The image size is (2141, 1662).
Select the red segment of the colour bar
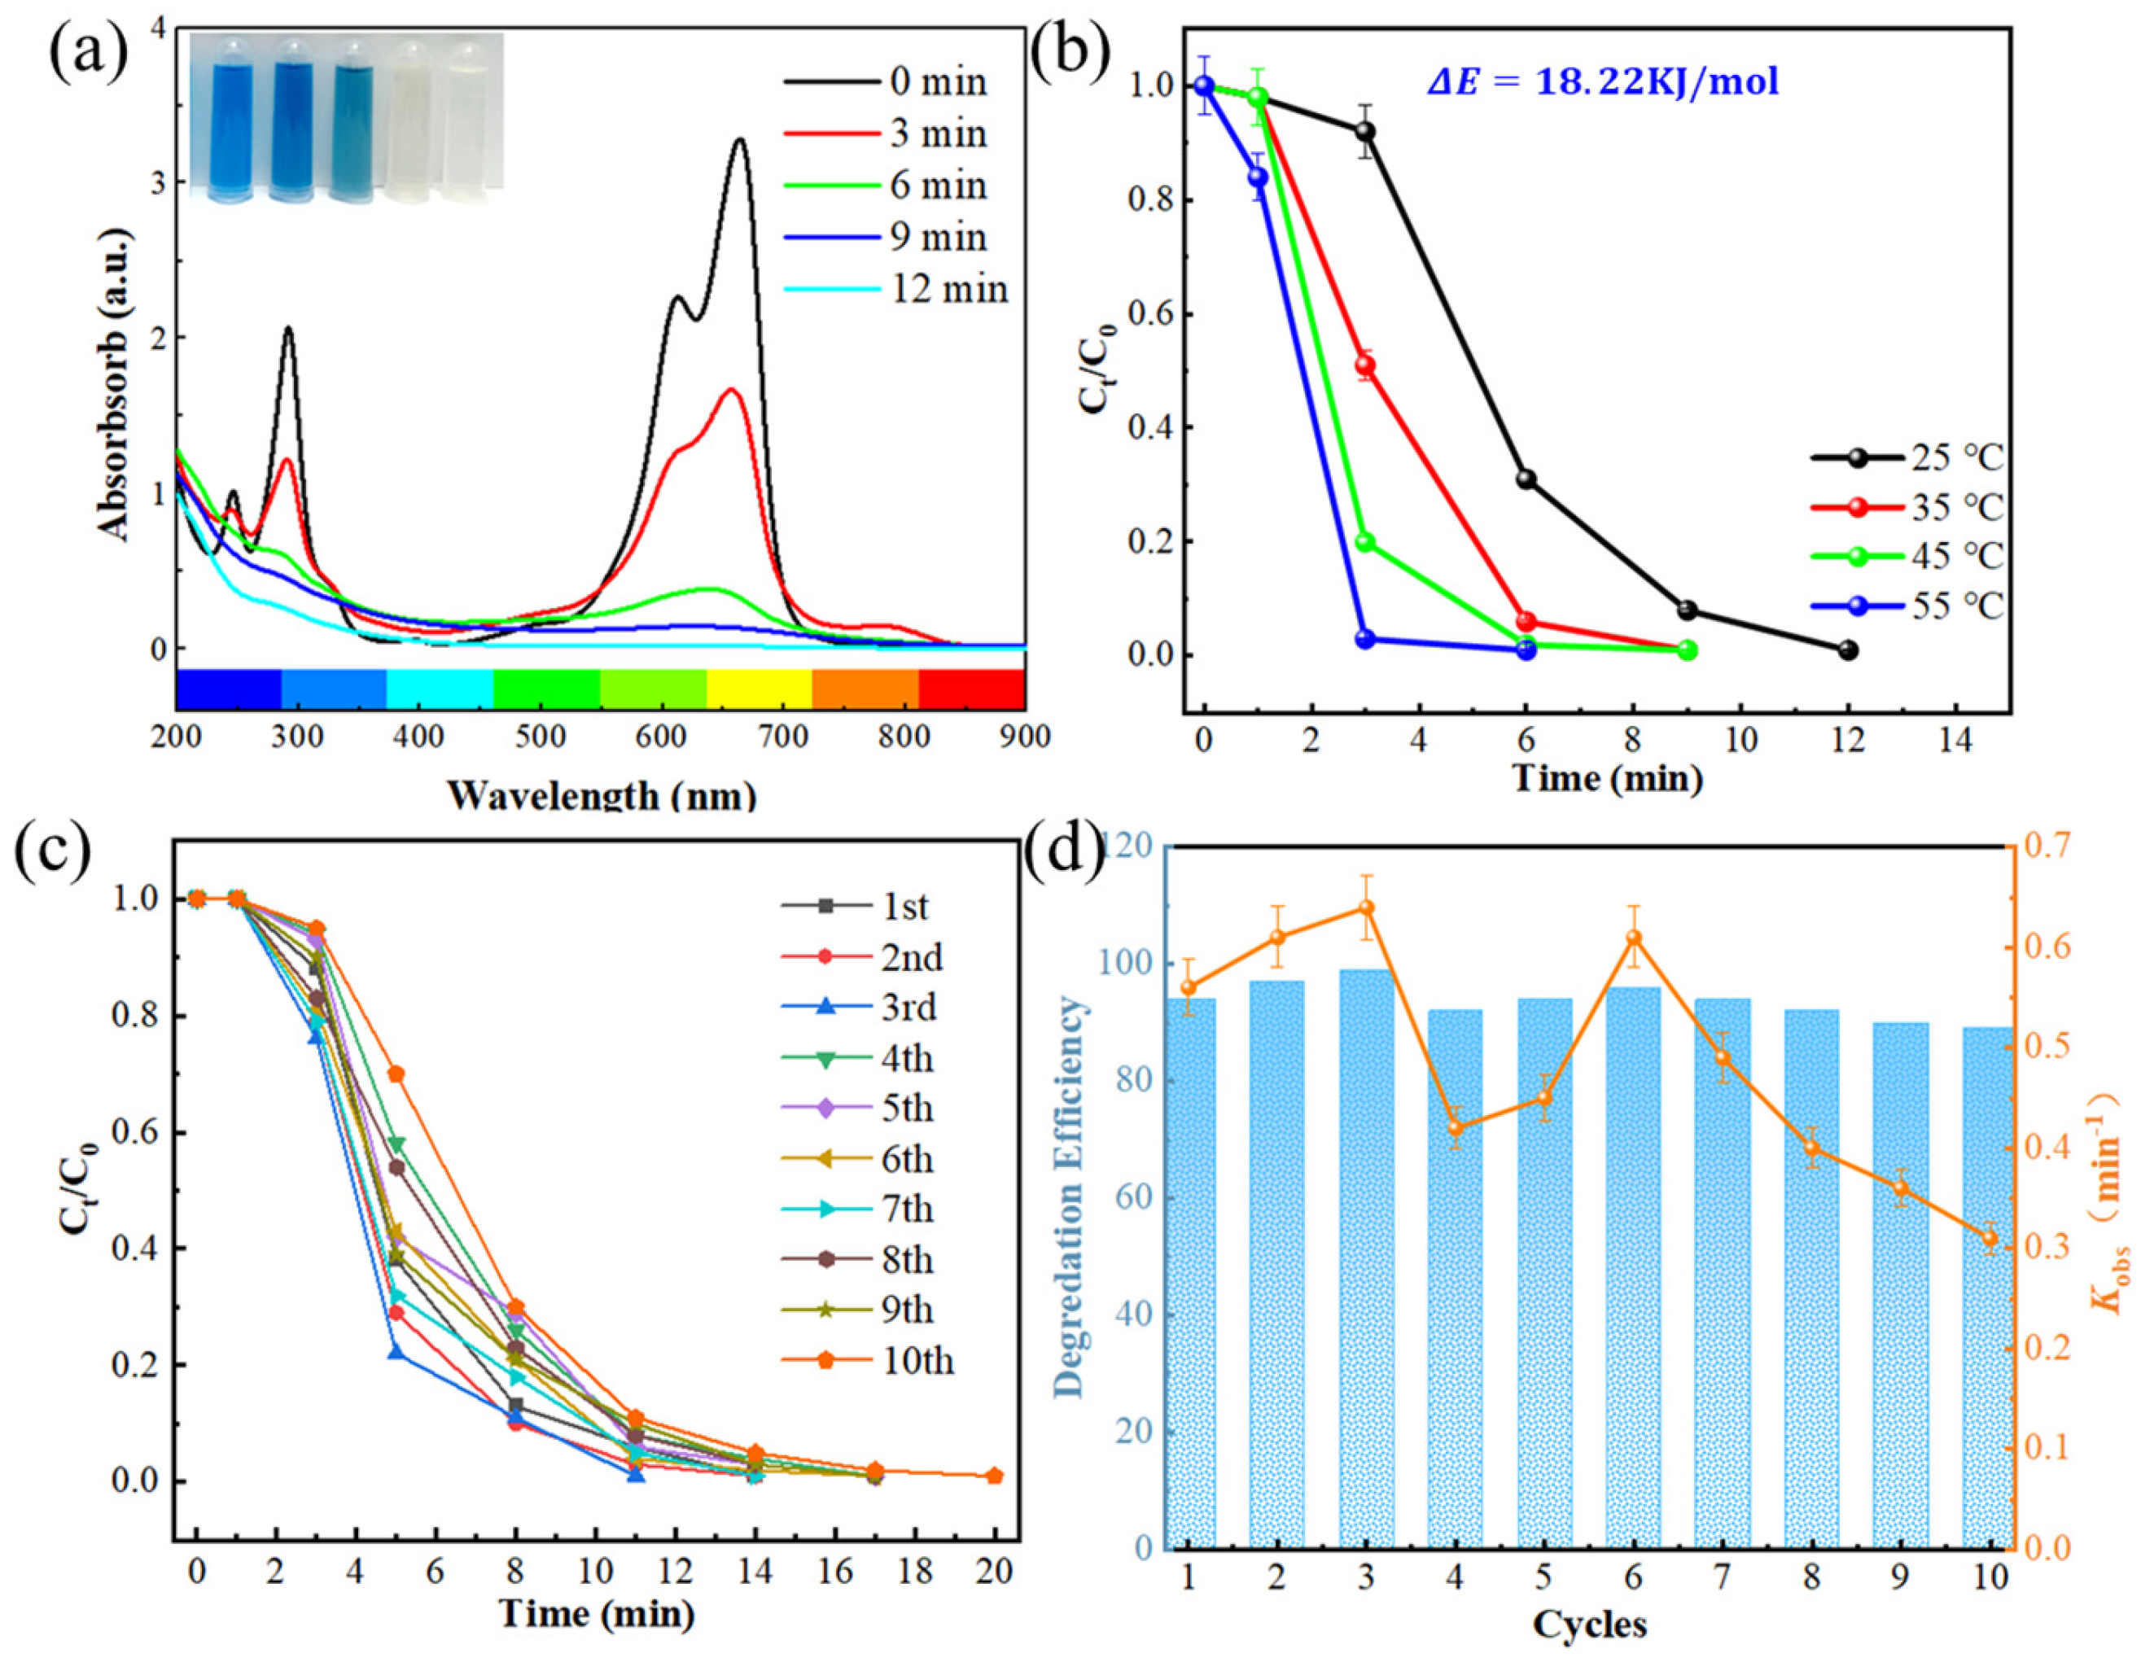tap(971, 688)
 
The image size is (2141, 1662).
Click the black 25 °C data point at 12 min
tap(1849, 649)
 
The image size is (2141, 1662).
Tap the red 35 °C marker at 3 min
tap(1364, 365)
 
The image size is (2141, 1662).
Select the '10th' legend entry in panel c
tap(917, 1361)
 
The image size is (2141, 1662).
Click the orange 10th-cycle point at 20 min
tap(994, 1503)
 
